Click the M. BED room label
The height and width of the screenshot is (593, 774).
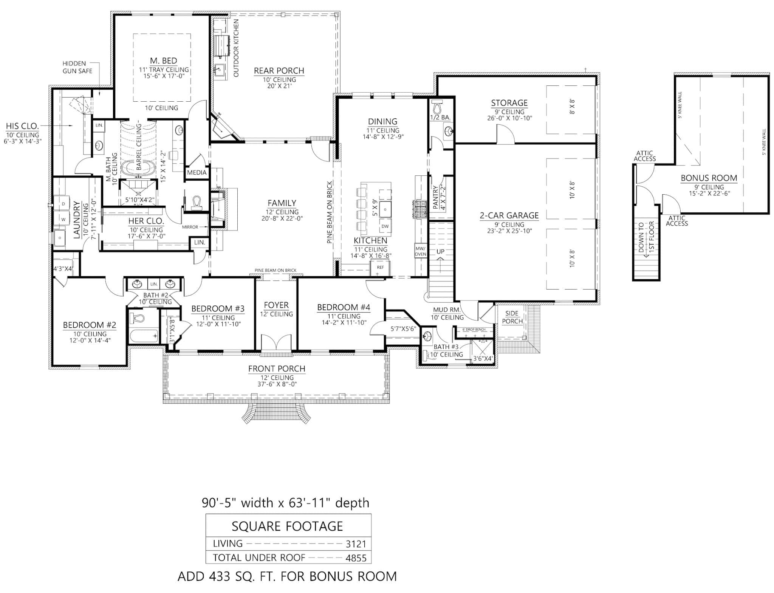[x=163, y=60]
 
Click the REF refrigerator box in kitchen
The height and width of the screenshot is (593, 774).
[x=380, y=268]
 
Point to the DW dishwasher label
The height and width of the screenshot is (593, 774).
[x=385, y=226]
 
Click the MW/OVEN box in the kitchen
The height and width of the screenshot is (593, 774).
[x=420, y=251]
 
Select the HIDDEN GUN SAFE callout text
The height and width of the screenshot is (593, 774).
[x=77, y=67]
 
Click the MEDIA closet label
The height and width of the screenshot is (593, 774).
[x=197, y=173]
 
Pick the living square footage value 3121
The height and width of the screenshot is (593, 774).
[x=356, y=544]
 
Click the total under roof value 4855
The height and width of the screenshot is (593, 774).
[x=356, y=558]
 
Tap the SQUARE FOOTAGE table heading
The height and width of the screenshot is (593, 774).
[x=287, y=526]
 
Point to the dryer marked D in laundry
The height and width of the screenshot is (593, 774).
[x=63, y=204]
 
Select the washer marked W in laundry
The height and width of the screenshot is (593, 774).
[x=63, y=218]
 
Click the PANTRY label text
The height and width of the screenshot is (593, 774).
[x=435, y=197]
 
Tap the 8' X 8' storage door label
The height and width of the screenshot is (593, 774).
[x=572, y=107]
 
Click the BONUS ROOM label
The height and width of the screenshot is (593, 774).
[x=709, y=178]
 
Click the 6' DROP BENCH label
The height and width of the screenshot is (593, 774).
[x=474, y=330]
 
